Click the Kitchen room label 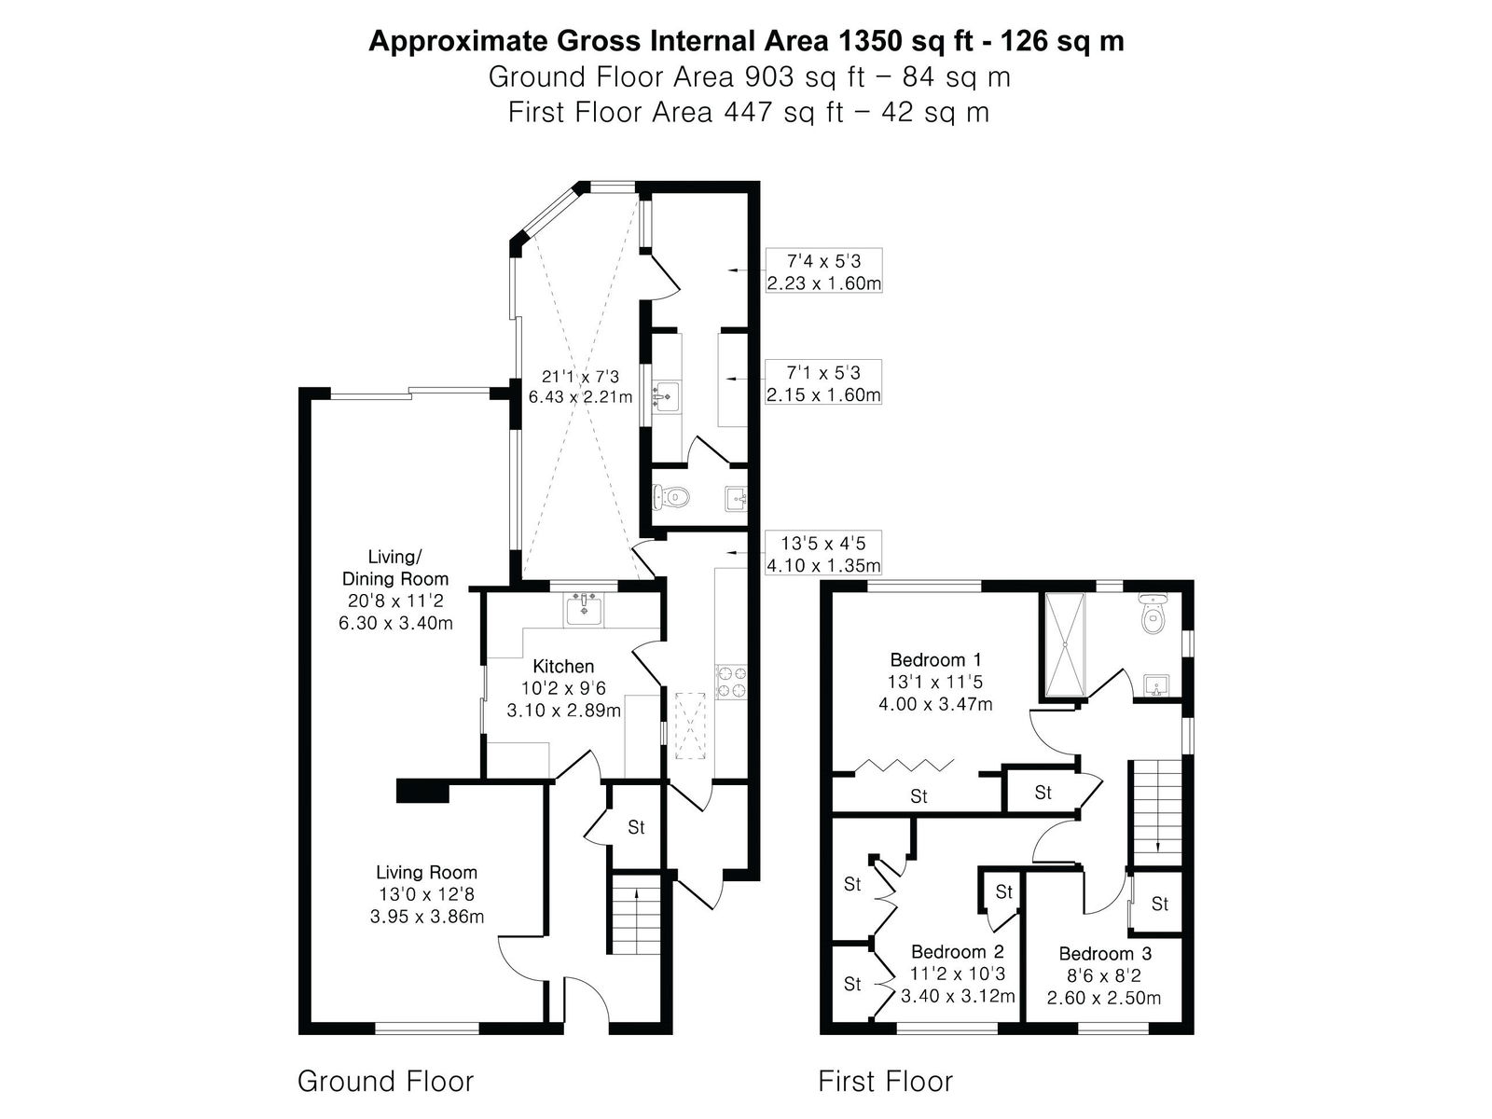click(563, 666)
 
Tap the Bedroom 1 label click(936, 659)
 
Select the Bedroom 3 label click(1105, 953)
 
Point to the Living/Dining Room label click(395, 568)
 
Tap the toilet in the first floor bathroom click(1153, 613)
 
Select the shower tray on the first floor click(1065, 644)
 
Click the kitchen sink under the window click(584, 609)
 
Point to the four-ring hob click(731, 683)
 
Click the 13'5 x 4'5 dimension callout click(823, 554)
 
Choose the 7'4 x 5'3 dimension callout click(823, 271)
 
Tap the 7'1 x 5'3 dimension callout click(823, 382)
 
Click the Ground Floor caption click(385, 1081)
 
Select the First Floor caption click(885, 1081)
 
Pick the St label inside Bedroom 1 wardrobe click(919, 795)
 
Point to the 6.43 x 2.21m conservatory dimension click(581, 396)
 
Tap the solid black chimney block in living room click(422, 791)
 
